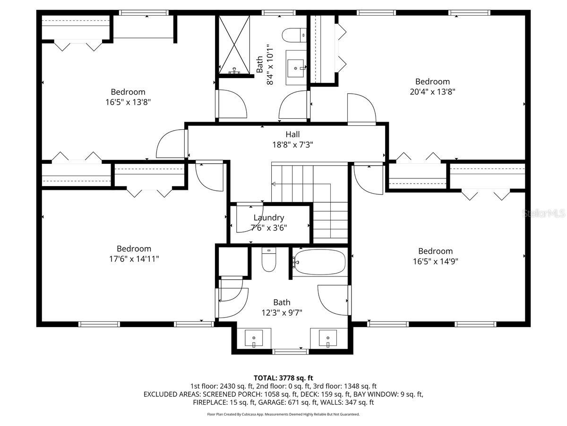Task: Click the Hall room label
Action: click(292, 134)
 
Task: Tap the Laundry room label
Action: click(269, 218)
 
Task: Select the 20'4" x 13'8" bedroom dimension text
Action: click(432, 92)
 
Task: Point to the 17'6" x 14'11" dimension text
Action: click(134, 259)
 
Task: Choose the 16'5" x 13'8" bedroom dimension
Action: click(128, 102)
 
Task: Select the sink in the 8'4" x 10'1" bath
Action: click(297, 68)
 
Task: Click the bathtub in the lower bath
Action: click(319, 262)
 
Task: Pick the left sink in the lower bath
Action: click(254, 339)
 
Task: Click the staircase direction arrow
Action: click(274, 184)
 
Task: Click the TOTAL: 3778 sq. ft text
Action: click(283, 378)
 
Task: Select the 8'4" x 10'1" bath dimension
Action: click(270, 65)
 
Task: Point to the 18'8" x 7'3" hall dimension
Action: click(292, 144)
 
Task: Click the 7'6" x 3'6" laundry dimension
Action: click(269, 227)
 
